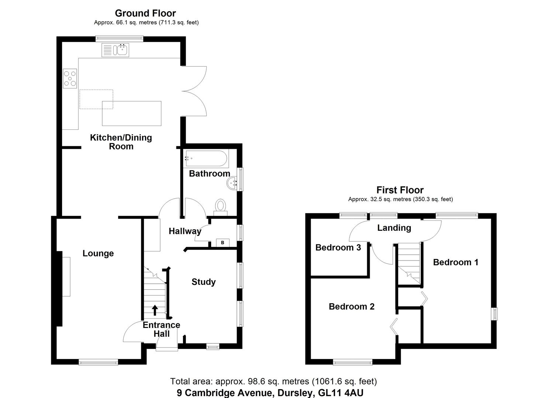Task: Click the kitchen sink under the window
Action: point(115,50)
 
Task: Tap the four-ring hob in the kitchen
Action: point(70,78)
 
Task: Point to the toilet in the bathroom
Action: point(220,206)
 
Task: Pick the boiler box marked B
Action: point(222,242)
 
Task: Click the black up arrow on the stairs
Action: point(155,310)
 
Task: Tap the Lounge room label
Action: point(98,253)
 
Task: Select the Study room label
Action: point(203,282)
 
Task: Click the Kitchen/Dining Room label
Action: point(121,142)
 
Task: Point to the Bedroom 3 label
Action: point(338,247)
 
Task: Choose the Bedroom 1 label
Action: point(455,262)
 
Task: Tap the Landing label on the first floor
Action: point(394,228)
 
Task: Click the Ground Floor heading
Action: point(145,13)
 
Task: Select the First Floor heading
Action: point(400,190)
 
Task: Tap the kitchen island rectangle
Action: point(132,113)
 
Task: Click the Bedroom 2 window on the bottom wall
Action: point(352,362)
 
